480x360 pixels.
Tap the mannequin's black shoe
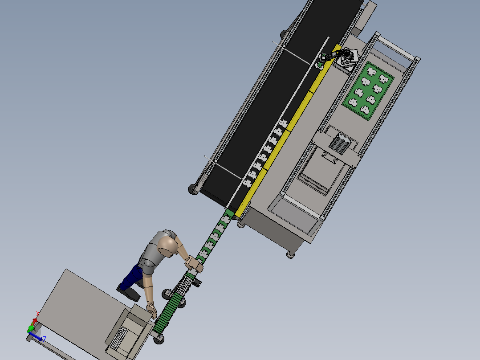click(129, 292)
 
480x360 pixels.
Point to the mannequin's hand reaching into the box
click(151, 310)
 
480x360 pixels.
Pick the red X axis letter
click(38, 314)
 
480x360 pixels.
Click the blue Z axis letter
click(45, 339)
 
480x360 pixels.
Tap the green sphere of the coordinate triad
click(31, 329)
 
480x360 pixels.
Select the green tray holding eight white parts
click(368, 91)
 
